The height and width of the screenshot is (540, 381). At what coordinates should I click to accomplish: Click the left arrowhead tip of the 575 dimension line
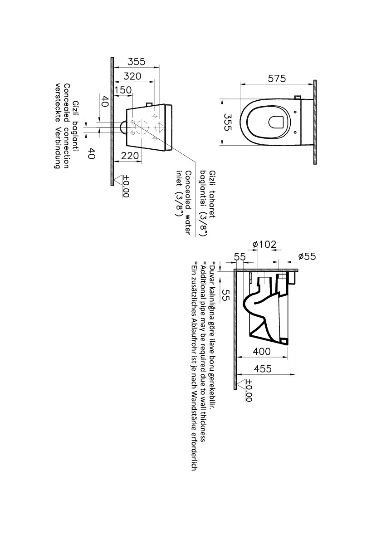pos(240,83)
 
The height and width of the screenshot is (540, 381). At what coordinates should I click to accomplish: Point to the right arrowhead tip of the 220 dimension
pos(142,161)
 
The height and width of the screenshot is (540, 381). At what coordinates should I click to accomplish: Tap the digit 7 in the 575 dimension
pos(278,79)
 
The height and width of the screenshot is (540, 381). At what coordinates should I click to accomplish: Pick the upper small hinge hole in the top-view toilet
pos(296,112)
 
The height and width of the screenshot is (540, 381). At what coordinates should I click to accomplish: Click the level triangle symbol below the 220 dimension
pos(118,179)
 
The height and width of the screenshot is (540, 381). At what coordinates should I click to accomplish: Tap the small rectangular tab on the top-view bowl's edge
pos(298,98)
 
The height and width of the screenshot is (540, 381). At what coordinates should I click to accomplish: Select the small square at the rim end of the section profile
pos(284,341)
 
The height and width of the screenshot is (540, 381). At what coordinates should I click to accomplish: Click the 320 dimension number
pos(132,76)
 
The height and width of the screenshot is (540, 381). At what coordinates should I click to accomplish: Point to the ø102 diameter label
pos(264,245)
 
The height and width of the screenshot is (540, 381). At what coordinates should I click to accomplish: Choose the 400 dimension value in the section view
pos(262,352)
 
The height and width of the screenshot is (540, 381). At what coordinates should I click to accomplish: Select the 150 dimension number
pos(123,90)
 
